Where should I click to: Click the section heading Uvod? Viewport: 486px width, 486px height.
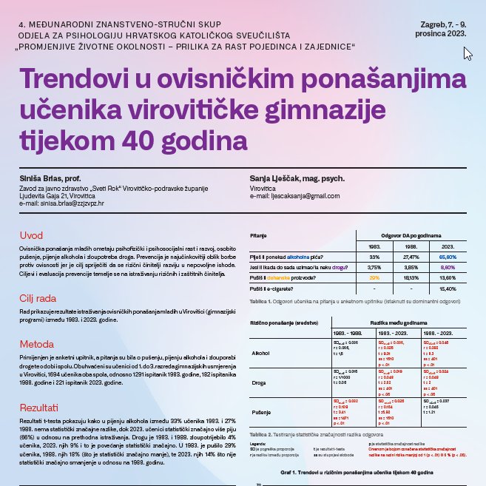pyautogui.click(x=31, y=235)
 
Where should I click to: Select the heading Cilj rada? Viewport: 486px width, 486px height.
pyautogui.click(x=38, y=298)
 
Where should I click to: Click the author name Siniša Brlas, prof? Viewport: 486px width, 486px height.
pyautogui.click(x=50, y=179)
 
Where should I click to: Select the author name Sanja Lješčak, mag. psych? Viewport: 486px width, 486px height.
pyautogui.click(x=291, y=179)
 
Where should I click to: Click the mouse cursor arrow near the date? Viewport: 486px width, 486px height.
pyautogui.click(x=467, y=53)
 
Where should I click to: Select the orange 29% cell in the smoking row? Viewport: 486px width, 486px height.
pyautogui.click(x=374, y=277)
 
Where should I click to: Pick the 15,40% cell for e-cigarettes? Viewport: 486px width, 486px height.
pyautogui.click(x=448, y=288)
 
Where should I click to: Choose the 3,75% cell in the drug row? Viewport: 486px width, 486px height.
pyautogui.click(x=374, y=267)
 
